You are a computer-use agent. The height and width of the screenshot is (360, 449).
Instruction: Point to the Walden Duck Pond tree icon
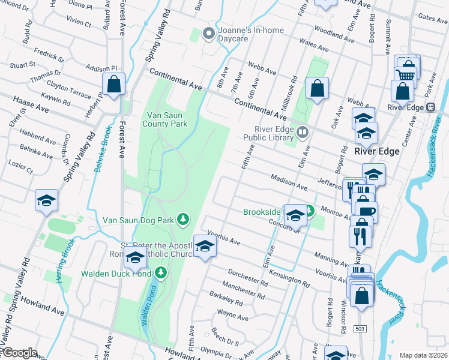point(160,274)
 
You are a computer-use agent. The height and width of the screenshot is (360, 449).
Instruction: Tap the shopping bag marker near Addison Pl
point(113,85)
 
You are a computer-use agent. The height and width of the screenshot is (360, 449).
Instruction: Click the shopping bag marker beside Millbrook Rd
point(317,89)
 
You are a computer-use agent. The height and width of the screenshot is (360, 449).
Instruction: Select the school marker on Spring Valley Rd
point(46,201)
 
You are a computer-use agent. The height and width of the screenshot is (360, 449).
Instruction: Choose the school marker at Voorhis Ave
point(205,247)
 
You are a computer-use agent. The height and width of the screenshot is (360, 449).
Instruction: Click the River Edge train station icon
point(430,107)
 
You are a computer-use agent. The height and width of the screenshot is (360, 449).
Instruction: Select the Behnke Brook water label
point(101,151)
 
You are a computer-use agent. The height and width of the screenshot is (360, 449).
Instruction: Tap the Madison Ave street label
point(289,181)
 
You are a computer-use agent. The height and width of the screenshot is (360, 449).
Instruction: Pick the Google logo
point(19,353)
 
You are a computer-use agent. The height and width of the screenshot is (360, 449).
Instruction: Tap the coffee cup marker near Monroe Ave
point(366,212)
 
